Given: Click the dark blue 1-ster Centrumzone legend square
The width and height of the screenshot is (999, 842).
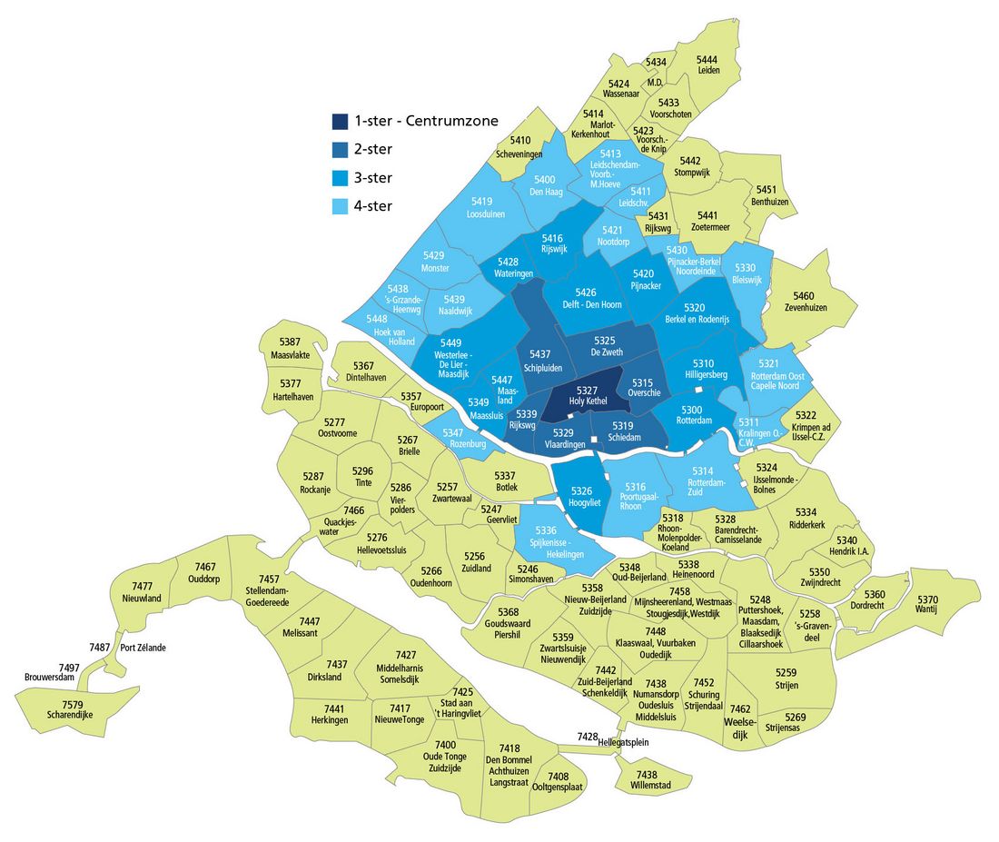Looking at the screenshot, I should click(x=340, y=121).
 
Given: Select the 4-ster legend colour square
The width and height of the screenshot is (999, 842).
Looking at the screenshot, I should click(x=340, y=206).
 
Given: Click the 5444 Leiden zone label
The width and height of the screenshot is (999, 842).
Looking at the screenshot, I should click(x=708, y=64).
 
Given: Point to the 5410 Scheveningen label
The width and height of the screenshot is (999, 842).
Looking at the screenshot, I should click(x=520, y=146).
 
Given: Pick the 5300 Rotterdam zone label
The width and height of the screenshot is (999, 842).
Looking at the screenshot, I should click(x=691, y=415).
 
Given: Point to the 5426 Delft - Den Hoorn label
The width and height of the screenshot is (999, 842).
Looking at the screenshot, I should click(x=586, y=299).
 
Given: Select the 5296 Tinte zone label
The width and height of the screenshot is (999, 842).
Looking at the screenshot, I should click(x=362, y=477).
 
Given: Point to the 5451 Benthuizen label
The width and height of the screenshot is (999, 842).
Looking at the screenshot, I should click(x=770, y=195).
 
